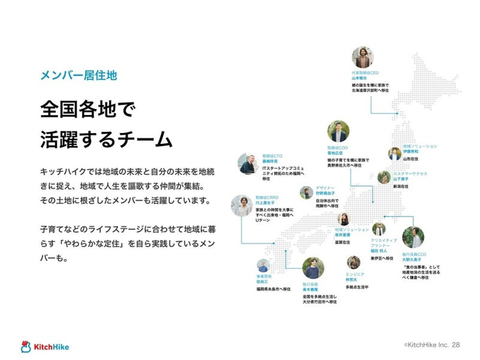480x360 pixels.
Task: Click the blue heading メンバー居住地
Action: (79, 75)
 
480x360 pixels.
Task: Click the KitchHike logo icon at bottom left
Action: (26, 347)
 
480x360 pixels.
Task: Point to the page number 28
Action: (456, 345)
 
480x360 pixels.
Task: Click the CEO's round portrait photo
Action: (363, 57)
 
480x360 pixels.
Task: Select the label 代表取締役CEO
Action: (365, 73)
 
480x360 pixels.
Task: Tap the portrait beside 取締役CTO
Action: (248, 164)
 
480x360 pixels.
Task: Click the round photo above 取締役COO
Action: (338, 131)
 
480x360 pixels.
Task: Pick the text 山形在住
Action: (410, 159)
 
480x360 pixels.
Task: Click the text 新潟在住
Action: (401, 186)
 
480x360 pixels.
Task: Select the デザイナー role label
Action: (325, 188)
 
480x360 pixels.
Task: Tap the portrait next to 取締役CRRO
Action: (242, 206)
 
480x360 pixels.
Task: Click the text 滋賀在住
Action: (342, 242)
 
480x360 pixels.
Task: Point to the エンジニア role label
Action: (355, 274)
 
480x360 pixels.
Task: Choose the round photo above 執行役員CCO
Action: (413, 237)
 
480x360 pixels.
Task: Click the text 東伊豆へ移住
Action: (382, 258)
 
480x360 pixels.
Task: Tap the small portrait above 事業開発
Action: (263, 266)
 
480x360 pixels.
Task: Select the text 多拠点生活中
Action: (357, 287)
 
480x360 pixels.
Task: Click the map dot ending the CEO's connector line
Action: (397, 113)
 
